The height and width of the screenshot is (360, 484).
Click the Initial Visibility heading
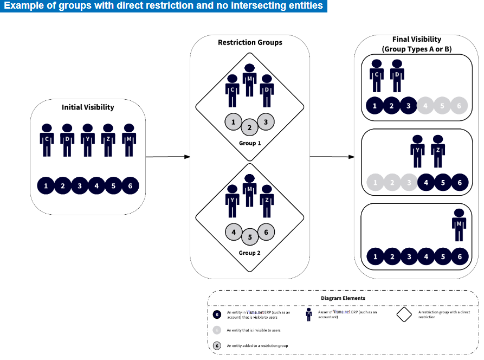(88, 107)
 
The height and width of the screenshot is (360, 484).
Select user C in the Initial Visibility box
(47, 140)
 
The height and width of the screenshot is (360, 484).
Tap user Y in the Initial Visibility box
(88, 140)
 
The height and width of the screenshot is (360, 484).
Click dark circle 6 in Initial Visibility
(130, 186)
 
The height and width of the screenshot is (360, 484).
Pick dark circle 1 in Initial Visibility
(46, 186)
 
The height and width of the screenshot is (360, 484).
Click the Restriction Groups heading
(250, 42)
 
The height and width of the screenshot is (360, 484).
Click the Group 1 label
(249, 143)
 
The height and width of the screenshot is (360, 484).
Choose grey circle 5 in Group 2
(249, 237)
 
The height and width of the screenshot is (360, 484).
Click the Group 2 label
(249, 253)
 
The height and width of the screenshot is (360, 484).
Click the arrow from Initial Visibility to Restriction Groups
(167, 157)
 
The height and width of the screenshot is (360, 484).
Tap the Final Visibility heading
(416, 44)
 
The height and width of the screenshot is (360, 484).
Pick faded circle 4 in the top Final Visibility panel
(425, 106)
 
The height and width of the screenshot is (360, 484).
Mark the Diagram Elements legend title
(343, 298)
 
